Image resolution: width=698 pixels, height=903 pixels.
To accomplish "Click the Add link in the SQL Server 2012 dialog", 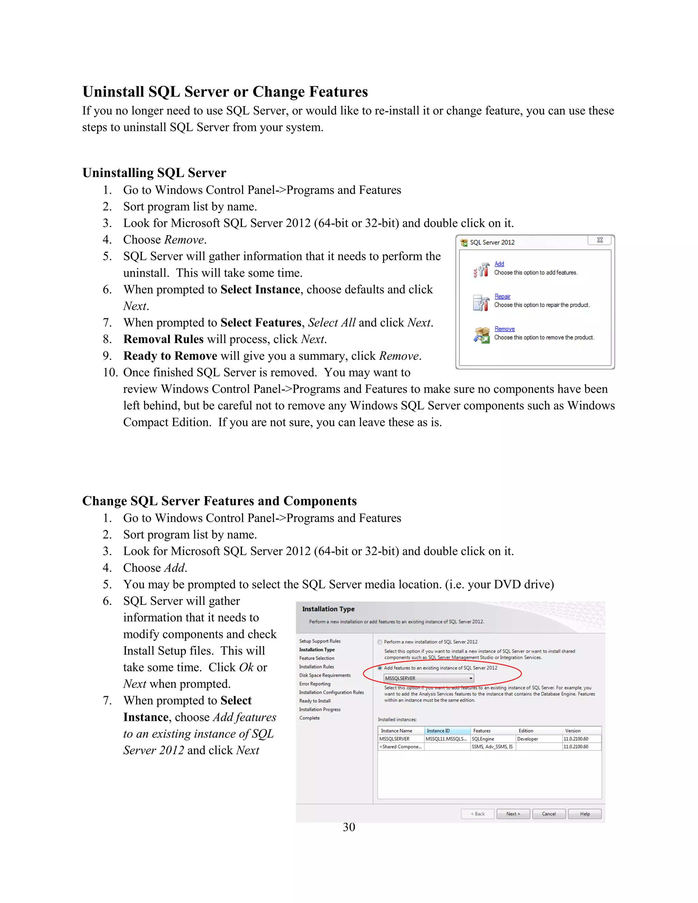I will point(499,264).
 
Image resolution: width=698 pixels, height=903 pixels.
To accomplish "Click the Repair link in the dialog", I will point(502,296).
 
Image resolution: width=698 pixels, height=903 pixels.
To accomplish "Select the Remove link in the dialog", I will point(504,329).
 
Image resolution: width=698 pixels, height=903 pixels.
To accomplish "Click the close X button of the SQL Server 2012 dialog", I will point(600,240).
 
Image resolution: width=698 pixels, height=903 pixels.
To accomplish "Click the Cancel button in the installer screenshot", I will point(549,814).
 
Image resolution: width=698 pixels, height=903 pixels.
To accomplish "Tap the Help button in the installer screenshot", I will point(585,814).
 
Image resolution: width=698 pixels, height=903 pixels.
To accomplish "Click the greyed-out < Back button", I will point(477,814).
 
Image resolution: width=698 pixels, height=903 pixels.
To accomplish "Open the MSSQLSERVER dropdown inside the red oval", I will point(471,678).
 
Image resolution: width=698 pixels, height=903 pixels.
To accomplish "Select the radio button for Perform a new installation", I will point(380,642).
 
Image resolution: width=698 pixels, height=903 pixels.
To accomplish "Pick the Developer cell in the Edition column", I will point(528,739).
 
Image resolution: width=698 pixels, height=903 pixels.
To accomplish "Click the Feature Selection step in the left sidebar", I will point(317,658).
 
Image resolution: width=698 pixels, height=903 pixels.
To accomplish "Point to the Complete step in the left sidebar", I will point(309,718).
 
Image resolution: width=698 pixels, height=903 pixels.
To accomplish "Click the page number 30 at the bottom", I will point(349,827).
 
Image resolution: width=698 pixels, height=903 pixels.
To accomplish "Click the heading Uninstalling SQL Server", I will point(154,173).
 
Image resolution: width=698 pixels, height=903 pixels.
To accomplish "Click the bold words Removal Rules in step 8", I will point(163,339).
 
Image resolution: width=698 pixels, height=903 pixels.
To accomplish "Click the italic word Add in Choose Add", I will point(174,568).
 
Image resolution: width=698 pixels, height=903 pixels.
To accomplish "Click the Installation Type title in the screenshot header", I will point(328,609).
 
